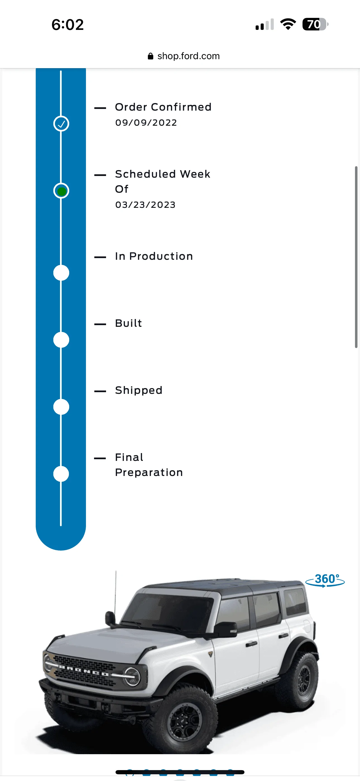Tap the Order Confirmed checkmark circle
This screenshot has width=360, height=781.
click(x=61, y=124)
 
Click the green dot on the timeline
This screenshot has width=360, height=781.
click(x=61, y=191)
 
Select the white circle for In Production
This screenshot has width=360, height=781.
click(x=61, y=273)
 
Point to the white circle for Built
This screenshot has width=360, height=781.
click(x=61, y=340)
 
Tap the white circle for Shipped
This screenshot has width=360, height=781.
click(x=61, y=407)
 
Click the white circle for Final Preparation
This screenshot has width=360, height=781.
click(x=61, y=474)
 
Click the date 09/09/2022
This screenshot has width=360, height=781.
click(x=146, y=123)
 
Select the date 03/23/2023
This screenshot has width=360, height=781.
click(x=145, y=205)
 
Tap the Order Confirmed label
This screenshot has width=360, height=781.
click(x=163, y=107)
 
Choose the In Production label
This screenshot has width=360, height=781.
click(x=154, y=256)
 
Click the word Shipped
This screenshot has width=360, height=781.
click(x=139, y=390)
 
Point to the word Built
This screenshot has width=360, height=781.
click(x=128, y=323)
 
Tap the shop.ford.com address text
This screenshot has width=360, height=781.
click(x=188, y=56)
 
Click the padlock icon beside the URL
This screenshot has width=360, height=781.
click(x=151, y=56)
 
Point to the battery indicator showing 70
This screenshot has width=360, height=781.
click(x=315, y=24)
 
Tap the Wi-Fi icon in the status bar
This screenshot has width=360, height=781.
click(x=288, y=24)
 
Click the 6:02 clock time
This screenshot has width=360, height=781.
click(x=68, y=25)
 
